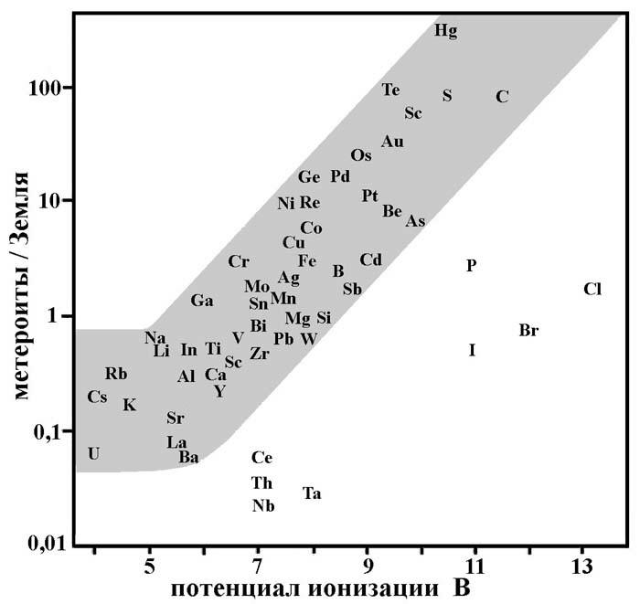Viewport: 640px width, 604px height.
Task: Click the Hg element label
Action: tap(445, 31)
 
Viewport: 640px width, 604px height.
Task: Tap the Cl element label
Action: tap(592, 290)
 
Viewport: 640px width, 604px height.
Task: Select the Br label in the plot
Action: tap(528, 331)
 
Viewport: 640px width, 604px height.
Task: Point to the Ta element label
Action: tap(312, 493)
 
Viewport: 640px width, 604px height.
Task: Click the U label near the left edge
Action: tap(93, 453)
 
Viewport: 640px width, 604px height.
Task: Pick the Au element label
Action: tap(393, 142)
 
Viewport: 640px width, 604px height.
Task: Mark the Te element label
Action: tap(391, 90)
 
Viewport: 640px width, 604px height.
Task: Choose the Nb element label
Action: tap(262, 505)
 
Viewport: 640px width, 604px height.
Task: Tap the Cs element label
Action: tap(97, 397)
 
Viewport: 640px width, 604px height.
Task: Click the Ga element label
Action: tap(202, 301)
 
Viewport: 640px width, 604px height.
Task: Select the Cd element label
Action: tap(370, 260)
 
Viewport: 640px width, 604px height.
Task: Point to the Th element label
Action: tap(261, 482)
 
